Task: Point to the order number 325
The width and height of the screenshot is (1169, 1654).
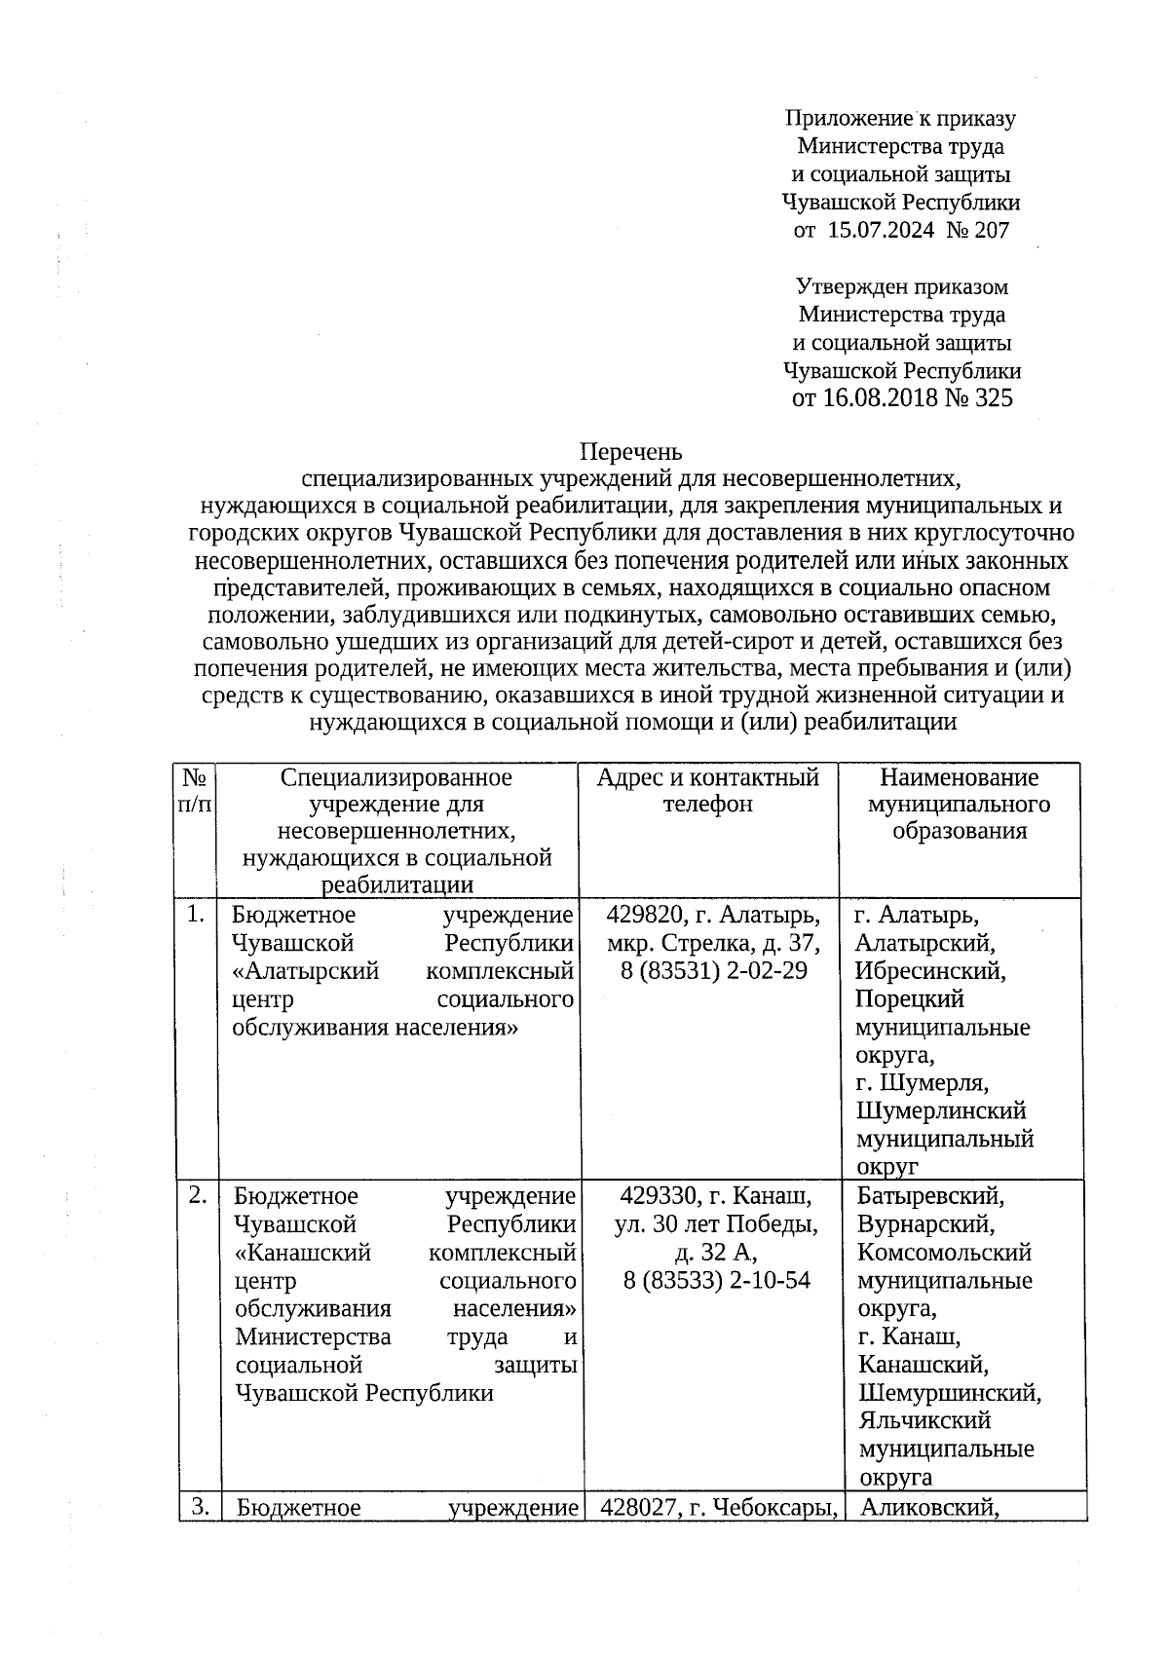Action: pos(993,398)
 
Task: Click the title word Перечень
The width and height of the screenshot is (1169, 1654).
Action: pos(631,452)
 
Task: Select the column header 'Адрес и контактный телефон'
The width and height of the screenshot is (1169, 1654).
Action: pos(708,791)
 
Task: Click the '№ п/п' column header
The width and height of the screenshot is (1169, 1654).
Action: pos(195,791)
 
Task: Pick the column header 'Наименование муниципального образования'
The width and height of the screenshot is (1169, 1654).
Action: pos(960,805)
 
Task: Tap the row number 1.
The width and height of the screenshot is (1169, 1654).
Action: pos(196,915)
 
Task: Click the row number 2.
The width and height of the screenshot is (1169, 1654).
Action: pos(198,1195)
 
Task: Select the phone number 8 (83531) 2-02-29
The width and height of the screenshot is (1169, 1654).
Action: pos(714,971)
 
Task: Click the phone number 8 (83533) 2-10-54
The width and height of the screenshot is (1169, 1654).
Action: pos(717,1280)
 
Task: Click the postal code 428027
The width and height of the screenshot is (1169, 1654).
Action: pos(638,1508)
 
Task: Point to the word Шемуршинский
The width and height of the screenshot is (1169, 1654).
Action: pos(950,1393)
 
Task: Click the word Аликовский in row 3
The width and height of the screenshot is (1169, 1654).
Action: pos(930,1508)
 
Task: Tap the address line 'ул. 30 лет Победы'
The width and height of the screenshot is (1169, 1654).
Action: pos(716,1223)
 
